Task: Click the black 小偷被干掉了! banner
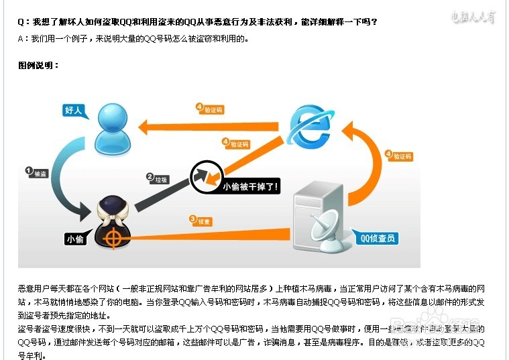(250, 185)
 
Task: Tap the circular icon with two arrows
(205, 177)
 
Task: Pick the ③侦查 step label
(201, 219)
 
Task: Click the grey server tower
(319, 208)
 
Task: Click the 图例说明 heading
(39, 65)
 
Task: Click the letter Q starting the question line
(21, 22)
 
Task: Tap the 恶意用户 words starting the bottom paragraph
(32, 288)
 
